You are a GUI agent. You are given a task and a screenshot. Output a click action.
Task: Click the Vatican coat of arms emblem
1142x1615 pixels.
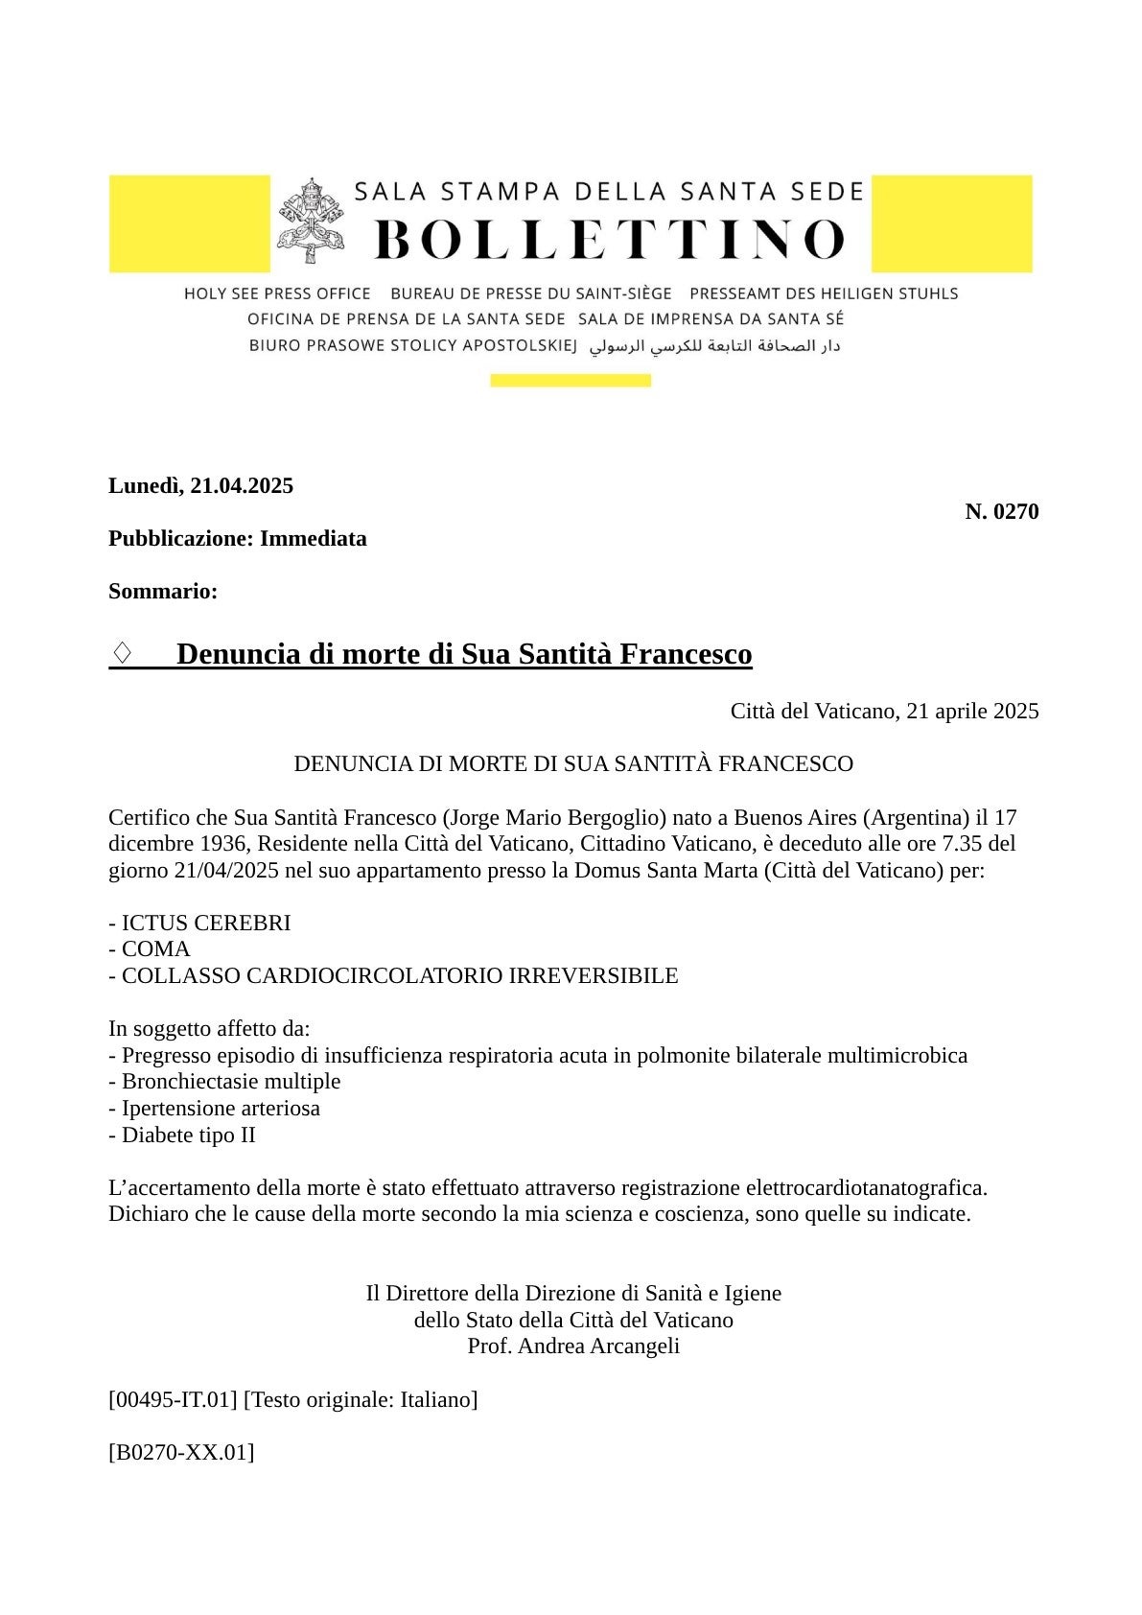(x=310, y=220)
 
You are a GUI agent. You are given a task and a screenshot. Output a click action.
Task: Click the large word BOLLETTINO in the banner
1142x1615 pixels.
(x=609, y=239)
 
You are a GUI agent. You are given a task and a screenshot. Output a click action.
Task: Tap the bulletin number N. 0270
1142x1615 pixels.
(x=1001, y=512)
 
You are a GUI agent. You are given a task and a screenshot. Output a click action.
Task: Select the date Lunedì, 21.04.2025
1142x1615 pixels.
(x=200, y=485)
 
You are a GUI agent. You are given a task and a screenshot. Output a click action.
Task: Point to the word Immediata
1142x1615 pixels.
(x=313, y=538)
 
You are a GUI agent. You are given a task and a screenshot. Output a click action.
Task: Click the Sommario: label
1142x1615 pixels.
(x=163, y=591)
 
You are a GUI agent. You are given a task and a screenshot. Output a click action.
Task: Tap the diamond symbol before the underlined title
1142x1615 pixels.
(x=122, y=653)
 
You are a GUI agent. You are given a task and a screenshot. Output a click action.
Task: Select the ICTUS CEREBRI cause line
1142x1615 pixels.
(x=199, y=923)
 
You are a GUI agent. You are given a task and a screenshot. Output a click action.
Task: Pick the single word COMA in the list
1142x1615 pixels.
(x=155, y=948)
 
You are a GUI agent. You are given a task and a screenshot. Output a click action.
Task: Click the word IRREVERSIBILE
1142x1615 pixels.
(x=593, y=975)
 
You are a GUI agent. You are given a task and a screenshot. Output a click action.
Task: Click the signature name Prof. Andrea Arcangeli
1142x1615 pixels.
(x=573, y=1346)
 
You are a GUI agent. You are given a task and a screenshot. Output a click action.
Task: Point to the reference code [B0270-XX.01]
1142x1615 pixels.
(x=181, y=1452)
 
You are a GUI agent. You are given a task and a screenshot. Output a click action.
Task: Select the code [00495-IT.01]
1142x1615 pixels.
(x=173, y=1399)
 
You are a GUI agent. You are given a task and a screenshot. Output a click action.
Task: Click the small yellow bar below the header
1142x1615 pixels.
(x=570, y=381)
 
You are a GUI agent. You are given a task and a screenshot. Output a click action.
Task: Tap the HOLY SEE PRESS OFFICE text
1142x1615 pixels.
(x=277, y=293)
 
